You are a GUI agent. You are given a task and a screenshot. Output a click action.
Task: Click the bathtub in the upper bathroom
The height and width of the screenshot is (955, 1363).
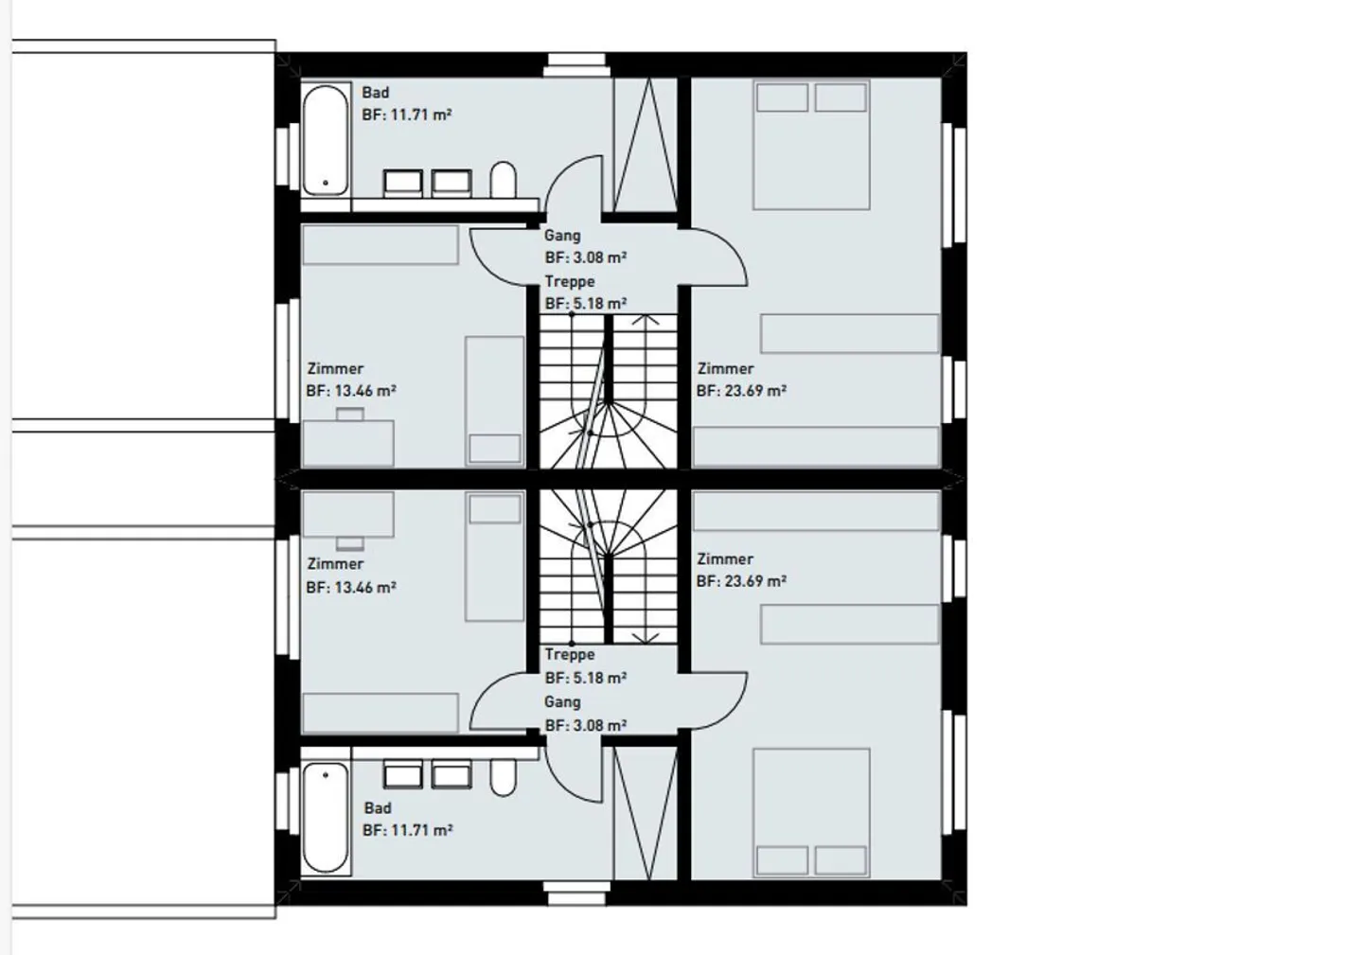click(x=326, y=140)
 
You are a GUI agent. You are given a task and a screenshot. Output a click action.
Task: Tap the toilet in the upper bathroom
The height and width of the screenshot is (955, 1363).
click(x=504, y=180)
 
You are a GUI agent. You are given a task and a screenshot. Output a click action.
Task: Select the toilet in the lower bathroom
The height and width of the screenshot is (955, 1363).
click(x=504, y=777)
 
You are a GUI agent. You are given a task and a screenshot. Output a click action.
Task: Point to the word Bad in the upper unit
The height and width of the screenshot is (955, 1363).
click(x=376, y=93)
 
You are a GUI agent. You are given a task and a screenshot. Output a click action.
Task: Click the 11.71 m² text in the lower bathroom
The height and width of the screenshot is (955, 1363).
click(x=421, y=830)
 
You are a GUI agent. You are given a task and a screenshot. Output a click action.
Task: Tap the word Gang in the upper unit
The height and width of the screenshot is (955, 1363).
click(x=562, y=236)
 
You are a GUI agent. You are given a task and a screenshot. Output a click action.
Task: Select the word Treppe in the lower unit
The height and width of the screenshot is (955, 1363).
click(x=570, y=655)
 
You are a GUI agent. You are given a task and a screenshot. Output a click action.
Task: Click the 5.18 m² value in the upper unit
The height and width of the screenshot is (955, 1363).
click(x=600, y=303)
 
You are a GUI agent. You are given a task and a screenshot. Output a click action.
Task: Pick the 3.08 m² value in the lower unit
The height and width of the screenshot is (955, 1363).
click(x=600, y=725)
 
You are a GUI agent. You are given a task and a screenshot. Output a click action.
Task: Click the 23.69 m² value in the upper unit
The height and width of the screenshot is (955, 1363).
click(x=755, y=391)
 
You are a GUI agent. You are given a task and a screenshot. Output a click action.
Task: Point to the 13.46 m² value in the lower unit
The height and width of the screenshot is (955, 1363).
click(x=365, y=588)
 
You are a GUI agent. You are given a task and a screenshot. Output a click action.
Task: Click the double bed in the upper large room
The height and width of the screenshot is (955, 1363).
click(x=811, y=145)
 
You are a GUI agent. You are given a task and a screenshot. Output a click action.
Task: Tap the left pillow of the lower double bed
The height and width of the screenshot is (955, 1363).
click(x=782, y=860)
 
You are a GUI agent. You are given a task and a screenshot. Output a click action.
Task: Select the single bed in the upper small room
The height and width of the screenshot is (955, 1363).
click(x=495, y=401)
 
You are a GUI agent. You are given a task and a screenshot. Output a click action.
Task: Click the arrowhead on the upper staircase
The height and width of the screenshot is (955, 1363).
click(x=645, y=319)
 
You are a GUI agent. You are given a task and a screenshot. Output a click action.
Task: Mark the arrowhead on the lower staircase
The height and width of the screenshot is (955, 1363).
click(x=645, y=638)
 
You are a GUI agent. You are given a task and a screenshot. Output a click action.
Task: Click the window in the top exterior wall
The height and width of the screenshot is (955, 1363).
click(x=576, y=65)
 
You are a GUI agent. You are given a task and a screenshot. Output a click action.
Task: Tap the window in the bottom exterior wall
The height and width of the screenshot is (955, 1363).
click(x=576, y=893)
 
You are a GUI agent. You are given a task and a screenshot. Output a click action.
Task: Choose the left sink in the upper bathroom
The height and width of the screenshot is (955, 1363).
click(x=403, y=183)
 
